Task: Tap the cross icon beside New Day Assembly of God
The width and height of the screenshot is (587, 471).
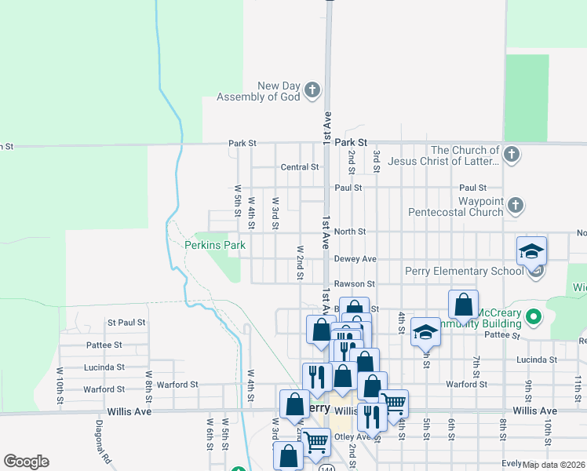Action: pos(312,90)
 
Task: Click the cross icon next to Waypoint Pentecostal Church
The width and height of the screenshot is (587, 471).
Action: pos(515,206)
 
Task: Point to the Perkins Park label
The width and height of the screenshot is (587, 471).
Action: pos(214,245)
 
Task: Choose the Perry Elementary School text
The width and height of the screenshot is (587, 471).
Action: pos(464,272)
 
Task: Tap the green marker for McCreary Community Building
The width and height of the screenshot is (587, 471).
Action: pos(534,318)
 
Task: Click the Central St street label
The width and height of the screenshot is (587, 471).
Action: pos(300,167)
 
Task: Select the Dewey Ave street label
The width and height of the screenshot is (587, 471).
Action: pos(355,259)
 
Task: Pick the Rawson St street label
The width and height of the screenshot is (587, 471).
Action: pos(355,283)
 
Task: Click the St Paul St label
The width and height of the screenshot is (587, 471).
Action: pos(126,323)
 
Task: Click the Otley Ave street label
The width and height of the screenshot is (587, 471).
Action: pos(353,436)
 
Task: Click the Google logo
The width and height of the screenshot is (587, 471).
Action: pos(26,462)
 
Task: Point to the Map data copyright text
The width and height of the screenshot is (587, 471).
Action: pos(554,465)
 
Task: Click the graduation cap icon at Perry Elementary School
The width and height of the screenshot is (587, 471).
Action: pos(531,252)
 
